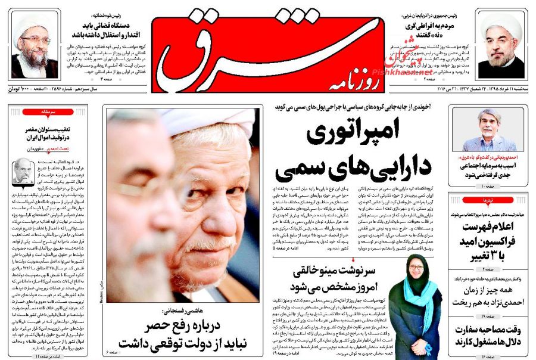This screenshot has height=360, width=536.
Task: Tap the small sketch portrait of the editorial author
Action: point(23,170)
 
